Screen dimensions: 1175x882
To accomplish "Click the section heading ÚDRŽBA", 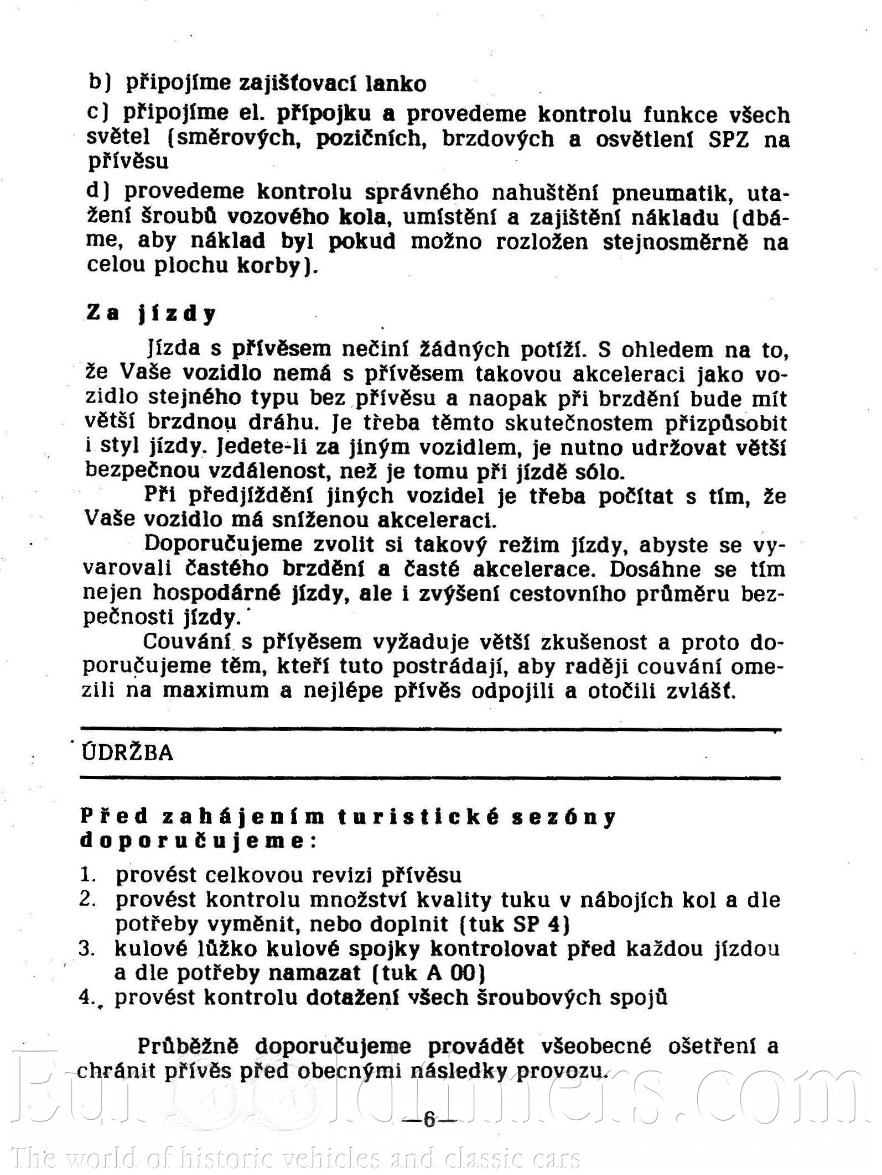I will [128, 753].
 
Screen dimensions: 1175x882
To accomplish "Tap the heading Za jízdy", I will [151, 314].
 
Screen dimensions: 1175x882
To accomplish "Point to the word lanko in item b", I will [396, 83].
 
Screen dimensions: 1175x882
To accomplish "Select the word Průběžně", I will [188, 1046].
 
